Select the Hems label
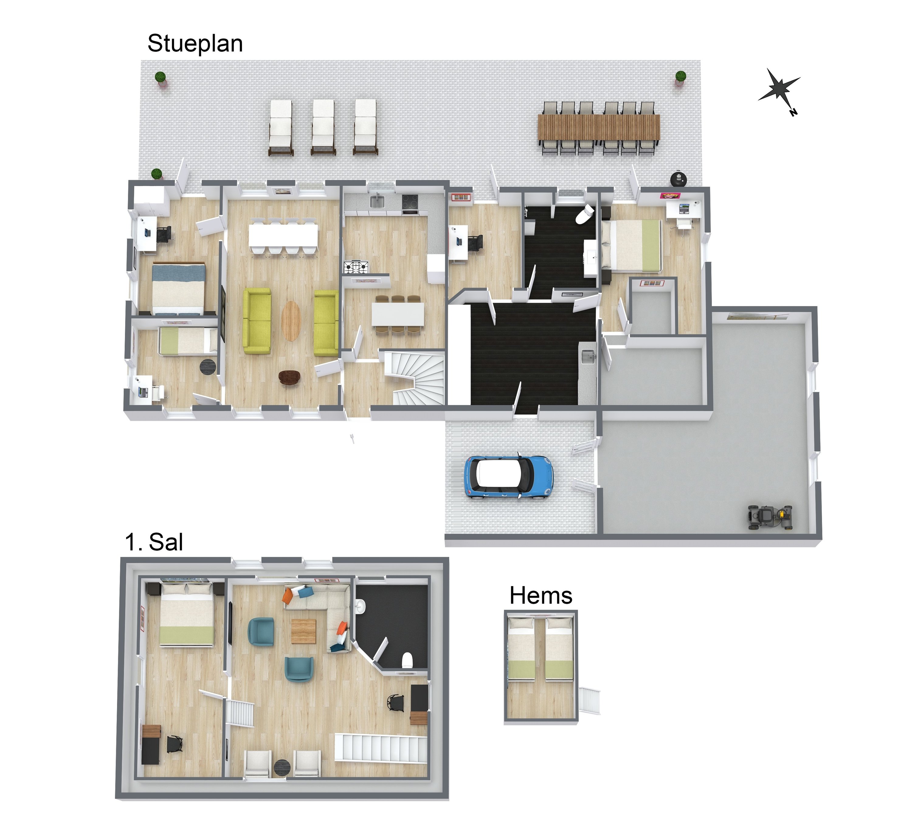tap(541, 595)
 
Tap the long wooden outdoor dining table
tap(599, 127)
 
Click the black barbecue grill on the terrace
tap(679, 178)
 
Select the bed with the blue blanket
tap(178, 289)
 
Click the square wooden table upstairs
tap(303, 631)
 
